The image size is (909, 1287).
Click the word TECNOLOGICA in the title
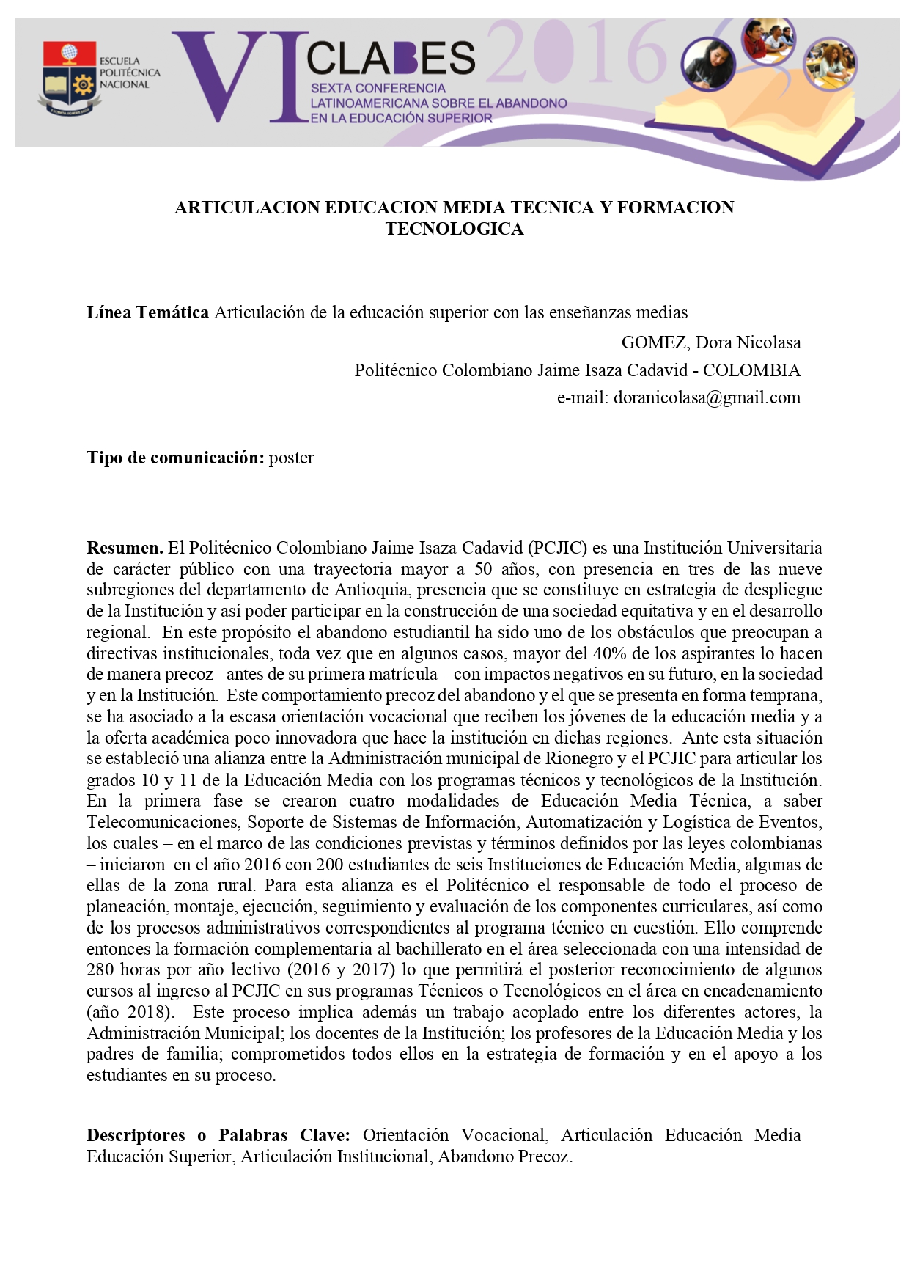pos(454,229)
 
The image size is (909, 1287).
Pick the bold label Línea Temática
pos(147,312)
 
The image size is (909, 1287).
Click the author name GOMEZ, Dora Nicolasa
pos(710,342)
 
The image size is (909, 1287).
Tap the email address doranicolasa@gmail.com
pos(707,397)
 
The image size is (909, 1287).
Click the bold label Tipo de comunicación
pos(175,458)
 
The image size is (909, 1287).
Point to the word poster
pos(291,458)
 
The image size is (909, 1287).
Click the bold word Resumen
pos(125,548)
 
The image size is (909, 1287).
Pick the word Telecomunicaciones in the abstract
pos(163,822)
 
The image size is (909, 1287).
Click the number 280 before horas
pos(100,969)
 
